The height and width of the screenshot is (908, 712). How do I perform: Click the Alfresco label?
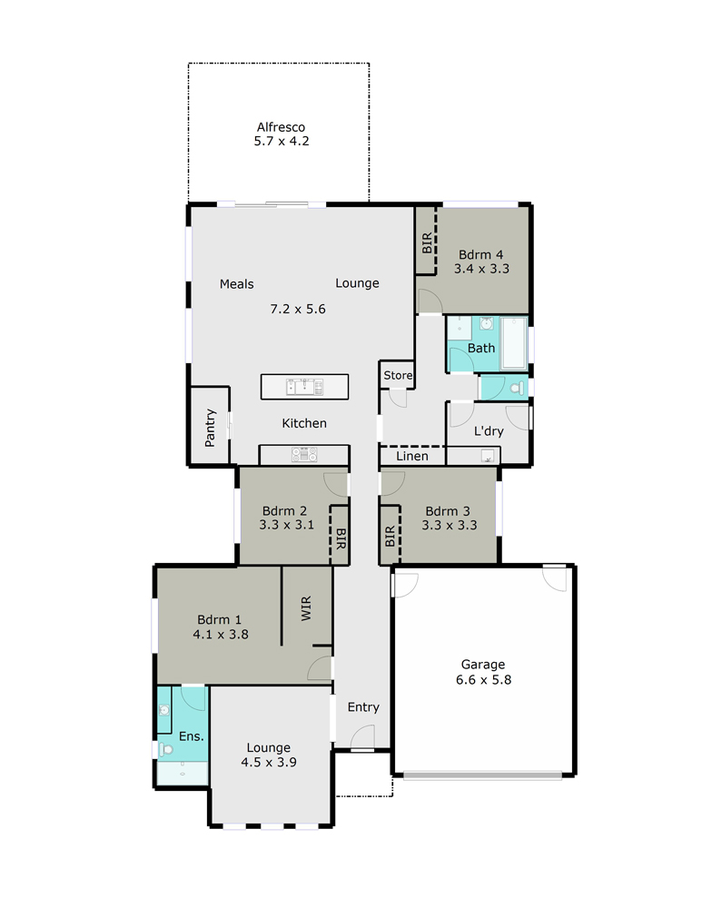[280, 127]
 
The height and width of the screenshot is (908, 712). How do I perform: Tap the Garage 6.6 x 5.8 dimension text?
[482, 679]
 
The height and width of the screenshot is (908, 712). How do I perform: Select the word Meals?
[236, 283]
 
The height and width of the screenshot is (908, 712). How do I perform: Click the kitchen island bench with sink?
[304, 387]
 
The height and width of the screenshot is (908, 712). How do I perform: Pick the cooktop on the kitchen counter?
[304, 455]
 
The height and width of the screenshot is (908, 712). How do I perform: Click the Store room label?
[398, 375]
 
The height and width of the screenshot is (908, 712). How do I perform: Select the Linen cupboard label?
[411, 456]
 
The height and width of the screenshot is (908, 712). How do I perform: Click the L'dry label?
[489, 431]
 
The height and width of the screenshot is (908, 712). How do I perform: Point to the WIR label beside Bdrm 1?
[306, 607]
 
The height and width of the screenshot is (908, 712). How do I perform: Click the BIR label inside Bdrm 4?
[426, 242]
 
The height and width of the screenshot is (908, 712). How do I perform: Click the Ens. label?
[189, 736]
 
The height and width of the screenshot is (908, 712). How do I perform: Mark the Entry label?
[363, 707]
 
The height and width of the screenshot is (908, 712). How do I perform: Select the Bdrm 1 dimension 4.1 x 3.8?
[221, 636]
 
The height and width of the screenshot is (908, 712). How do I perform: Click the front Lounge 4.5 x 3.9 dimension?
[269, 763]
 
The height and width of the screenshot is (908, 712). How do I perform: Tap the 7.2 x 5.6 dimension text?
[297, 309]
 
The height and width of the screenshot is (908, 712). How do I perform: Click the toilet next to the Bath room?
[516, 388]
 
